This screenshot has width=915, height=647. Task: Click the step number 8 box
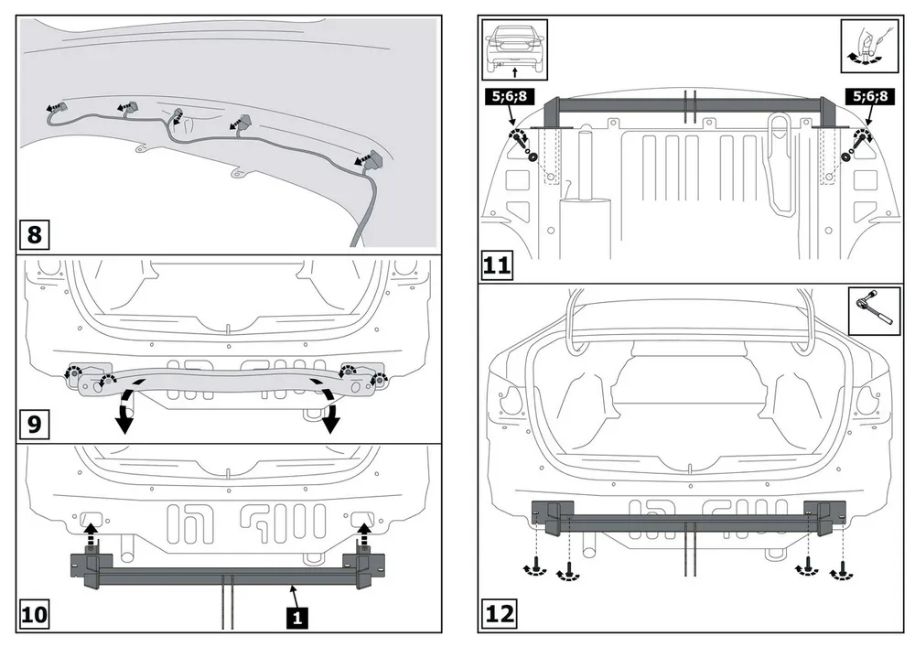(35, 234)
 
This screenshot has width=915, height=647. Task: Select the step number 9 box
(35, 425)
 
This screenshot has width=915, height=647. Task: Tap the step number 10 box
(35, 614)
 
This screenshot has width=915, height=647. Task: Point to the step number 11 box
(497, 266)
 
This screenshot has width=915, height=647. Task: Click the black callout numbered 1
(296, 616)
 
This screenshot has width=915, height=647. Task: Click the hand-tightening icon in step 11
(865, 46)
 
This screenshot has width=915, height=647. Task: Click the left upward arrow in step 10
(90, 531)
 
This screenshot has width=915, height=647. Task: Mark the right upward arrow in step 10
(363, 531)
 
